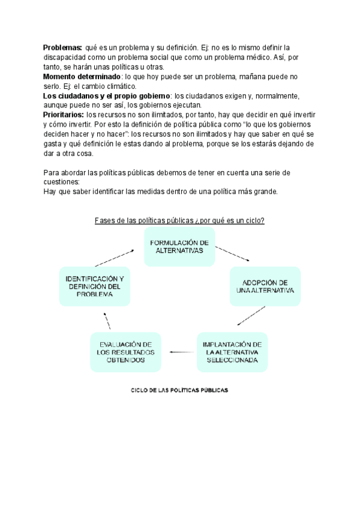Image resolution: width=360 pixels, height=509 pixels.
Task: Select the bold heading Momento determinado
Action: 82,77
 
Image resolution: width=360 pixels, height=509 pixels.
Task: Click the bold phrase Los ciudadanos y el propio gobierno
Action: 106,96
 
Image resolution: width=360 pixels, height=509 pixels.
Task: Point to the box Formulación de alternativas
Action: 178,247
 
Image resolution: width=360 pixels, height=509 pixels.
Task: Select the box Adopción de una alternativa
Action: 265,287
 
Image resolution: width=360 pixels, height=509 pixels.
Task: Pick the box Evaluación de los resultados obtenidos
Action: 126,352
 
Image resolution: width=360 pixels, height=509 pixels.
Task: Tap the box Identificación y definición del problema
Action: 95,287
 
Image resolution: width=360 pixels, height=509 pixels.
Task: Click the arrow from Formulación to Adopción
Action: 232,252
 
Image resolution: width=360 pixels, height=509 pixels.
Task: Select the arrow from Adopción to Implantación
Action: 251,316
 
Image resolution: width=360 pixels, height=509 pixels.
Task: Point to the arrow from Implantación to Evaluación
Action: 182,352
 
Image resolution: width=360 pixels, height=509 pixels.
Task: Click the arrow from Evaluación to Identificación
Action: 107,321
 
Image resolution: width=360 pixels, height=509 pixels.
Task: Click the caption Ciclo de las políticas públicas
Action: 180,390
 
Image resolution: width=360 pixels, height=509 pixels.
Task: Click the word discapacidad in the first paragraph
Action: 66,58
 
